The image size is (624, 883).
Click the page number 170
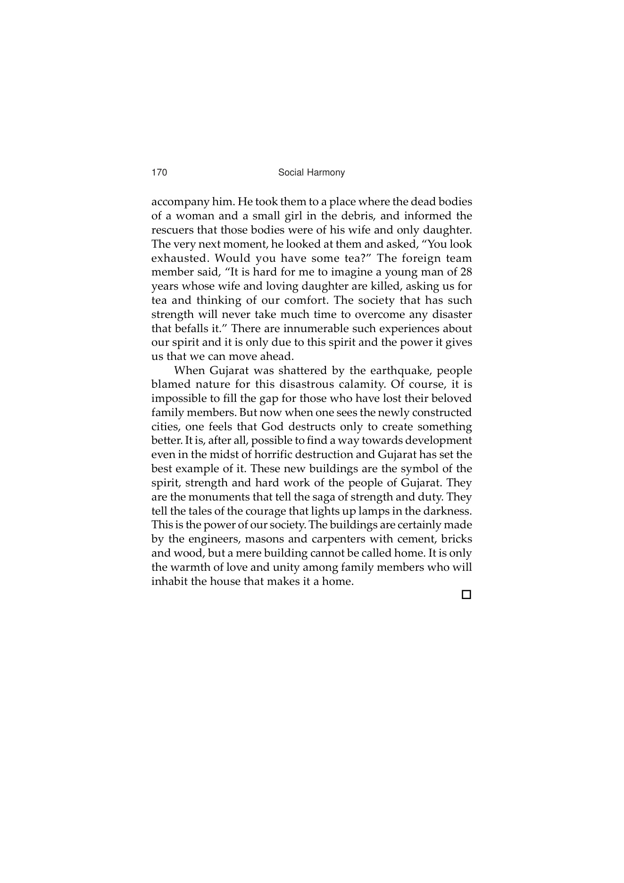159,173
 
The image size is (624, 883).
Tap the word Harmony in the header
327,173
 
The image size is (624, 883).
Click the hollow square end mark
466,595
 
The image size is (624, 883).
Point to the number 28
466,272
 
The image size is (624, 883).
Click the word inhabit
167,581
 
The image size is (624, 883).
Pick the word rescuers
173,230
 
